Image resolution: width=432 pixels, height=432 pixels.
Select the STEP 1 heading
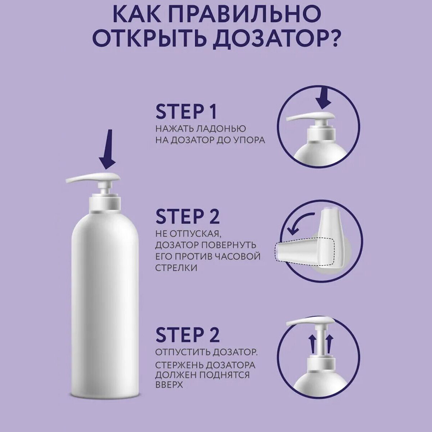click(x=186, y=111)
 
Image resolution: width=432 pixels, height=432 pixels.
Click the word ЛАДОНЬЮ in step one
click(x=221, y=129)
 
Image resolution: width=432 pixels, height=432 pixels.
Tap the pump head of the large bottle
click(x=93, y=178)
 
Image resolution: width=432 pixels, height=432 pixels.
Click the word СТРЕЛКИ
click(x=176, y=268)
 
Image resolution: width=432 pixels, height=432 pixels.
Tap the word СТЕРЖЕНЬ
click(x=181, y=365)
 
